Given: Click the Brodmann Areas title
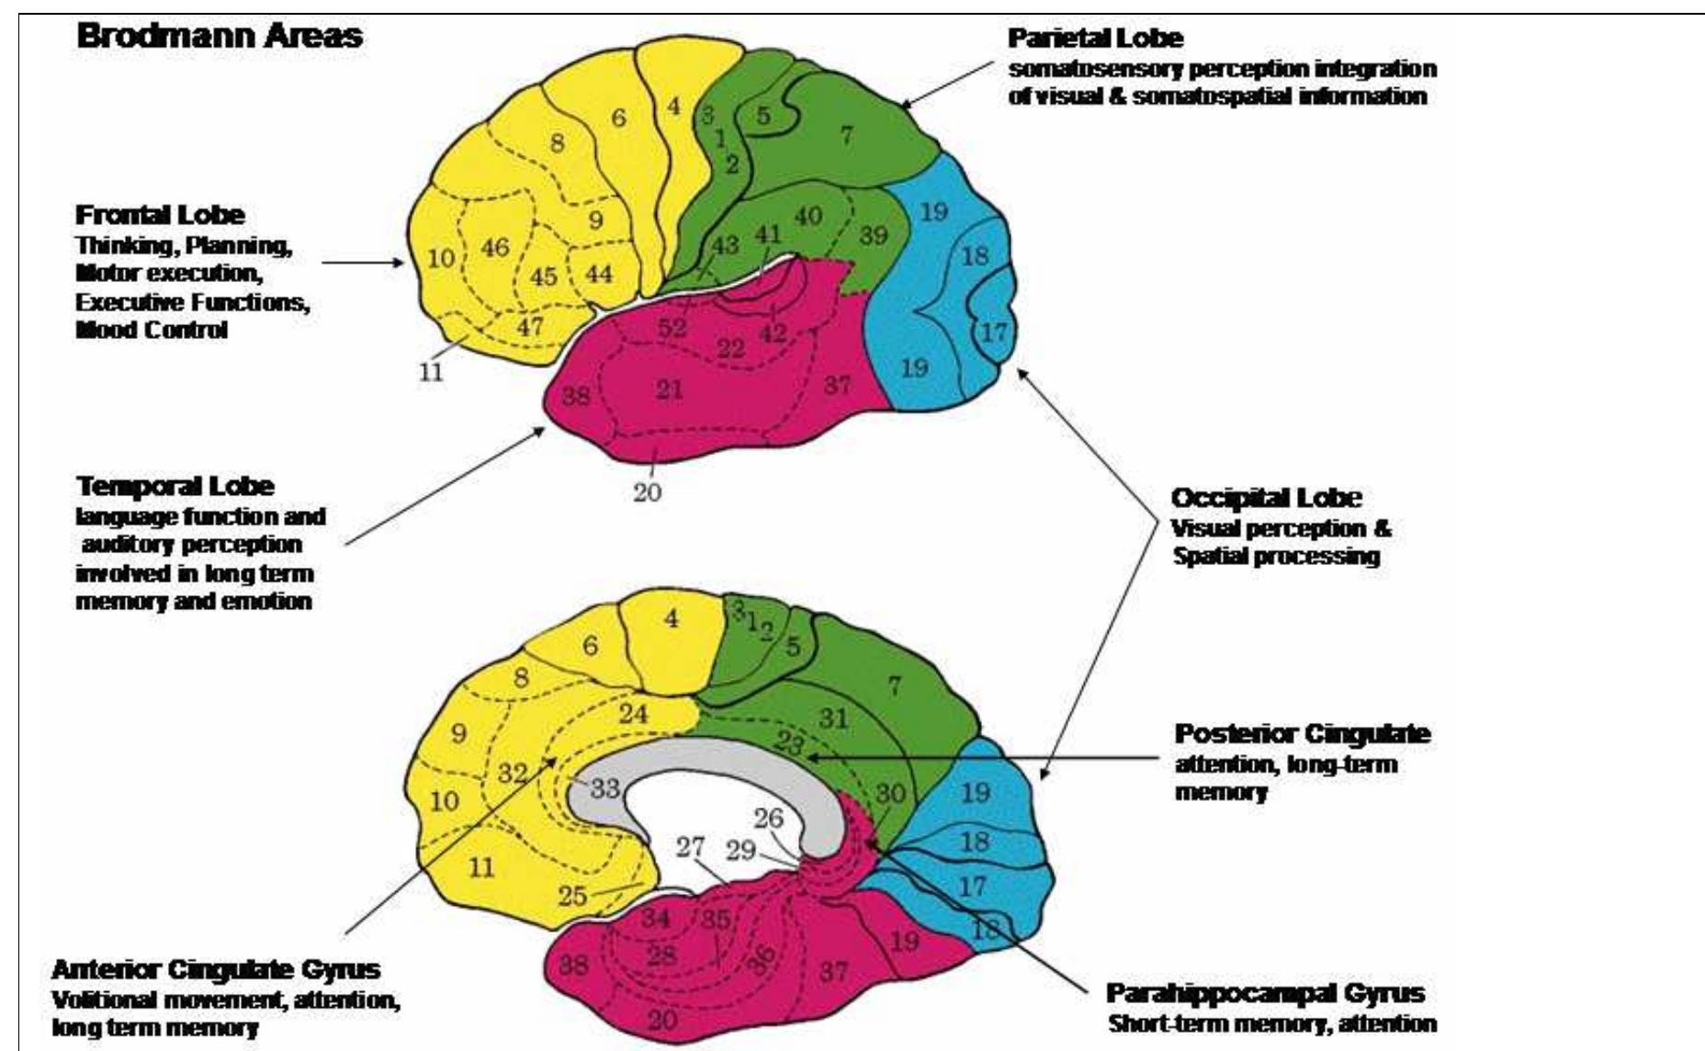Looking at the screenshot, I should click(x=220, y=37).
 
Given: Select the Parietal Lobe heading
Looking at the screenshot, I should click(x=1095, y=39).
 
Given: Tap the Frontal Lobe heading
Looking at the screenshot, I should click(x=160, y=215).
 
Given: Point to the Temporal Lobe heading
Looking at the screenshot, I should click(x=175, y=486).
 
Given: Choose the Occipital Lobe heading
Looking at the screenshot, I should click(x=1266, y=498).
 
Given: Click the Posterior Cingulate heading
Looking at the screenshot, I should click(x=1303, y=735).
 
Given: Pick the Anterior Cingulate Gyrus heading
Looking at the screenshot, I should click(x=216, y=969).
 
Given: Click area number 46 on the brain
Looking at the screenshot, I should click(x=495, y=247).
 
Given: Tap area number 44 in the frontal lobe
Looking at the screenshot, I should click(x=599, y=273).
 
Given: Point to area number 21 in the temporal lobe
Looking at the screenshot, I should click(x=670, y=390).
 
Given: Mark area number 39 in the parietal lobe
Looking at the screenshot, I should click(x=873, y=235).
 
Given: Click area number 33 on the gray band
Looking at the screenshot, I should click(x=605, y=787).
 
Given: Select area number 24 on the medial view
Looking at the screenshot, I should click(x=633, y=713).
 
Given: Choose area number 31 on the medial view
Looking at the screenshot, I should click(x=833, y=718).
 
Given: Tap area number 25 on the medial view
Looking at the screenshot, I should click(x=572, y=895).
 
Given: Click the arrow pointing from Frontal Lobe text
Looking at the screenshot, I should click(x=362, y=263).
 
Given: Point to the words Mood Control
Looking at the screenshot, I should click(x=152, y=330).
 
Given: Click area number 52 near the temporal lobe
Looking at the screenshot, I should click(x=672, y=328).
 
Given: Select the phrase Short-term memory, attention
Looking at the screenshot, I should click(x=1272, y=1023).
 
